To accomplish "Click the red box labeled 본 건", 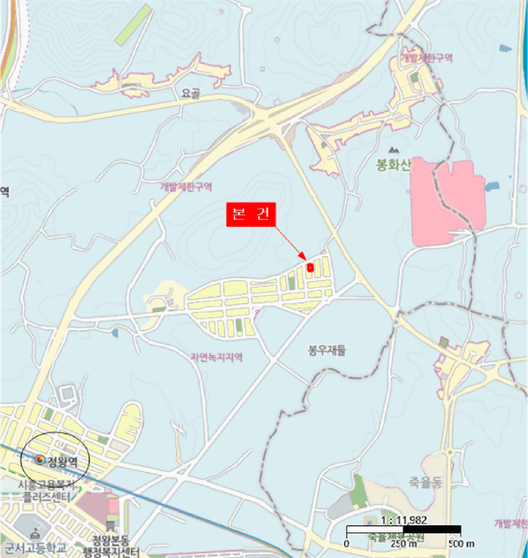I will (x=249, y=215).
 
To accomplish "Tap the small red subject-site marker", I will (x=310, y=267).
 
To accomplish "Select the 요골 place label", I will (x=190, y=93).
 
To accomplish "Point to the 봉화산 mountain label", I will (x=392, y=166).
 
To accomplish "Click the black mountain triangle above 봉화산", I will (x=392, y=149).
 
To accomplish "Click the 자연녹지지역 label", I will (x=216, y=358).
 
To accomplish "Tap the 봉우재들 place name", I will (x=328, y=349).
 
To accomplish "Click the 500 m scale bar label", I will (x=453, y=544).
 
